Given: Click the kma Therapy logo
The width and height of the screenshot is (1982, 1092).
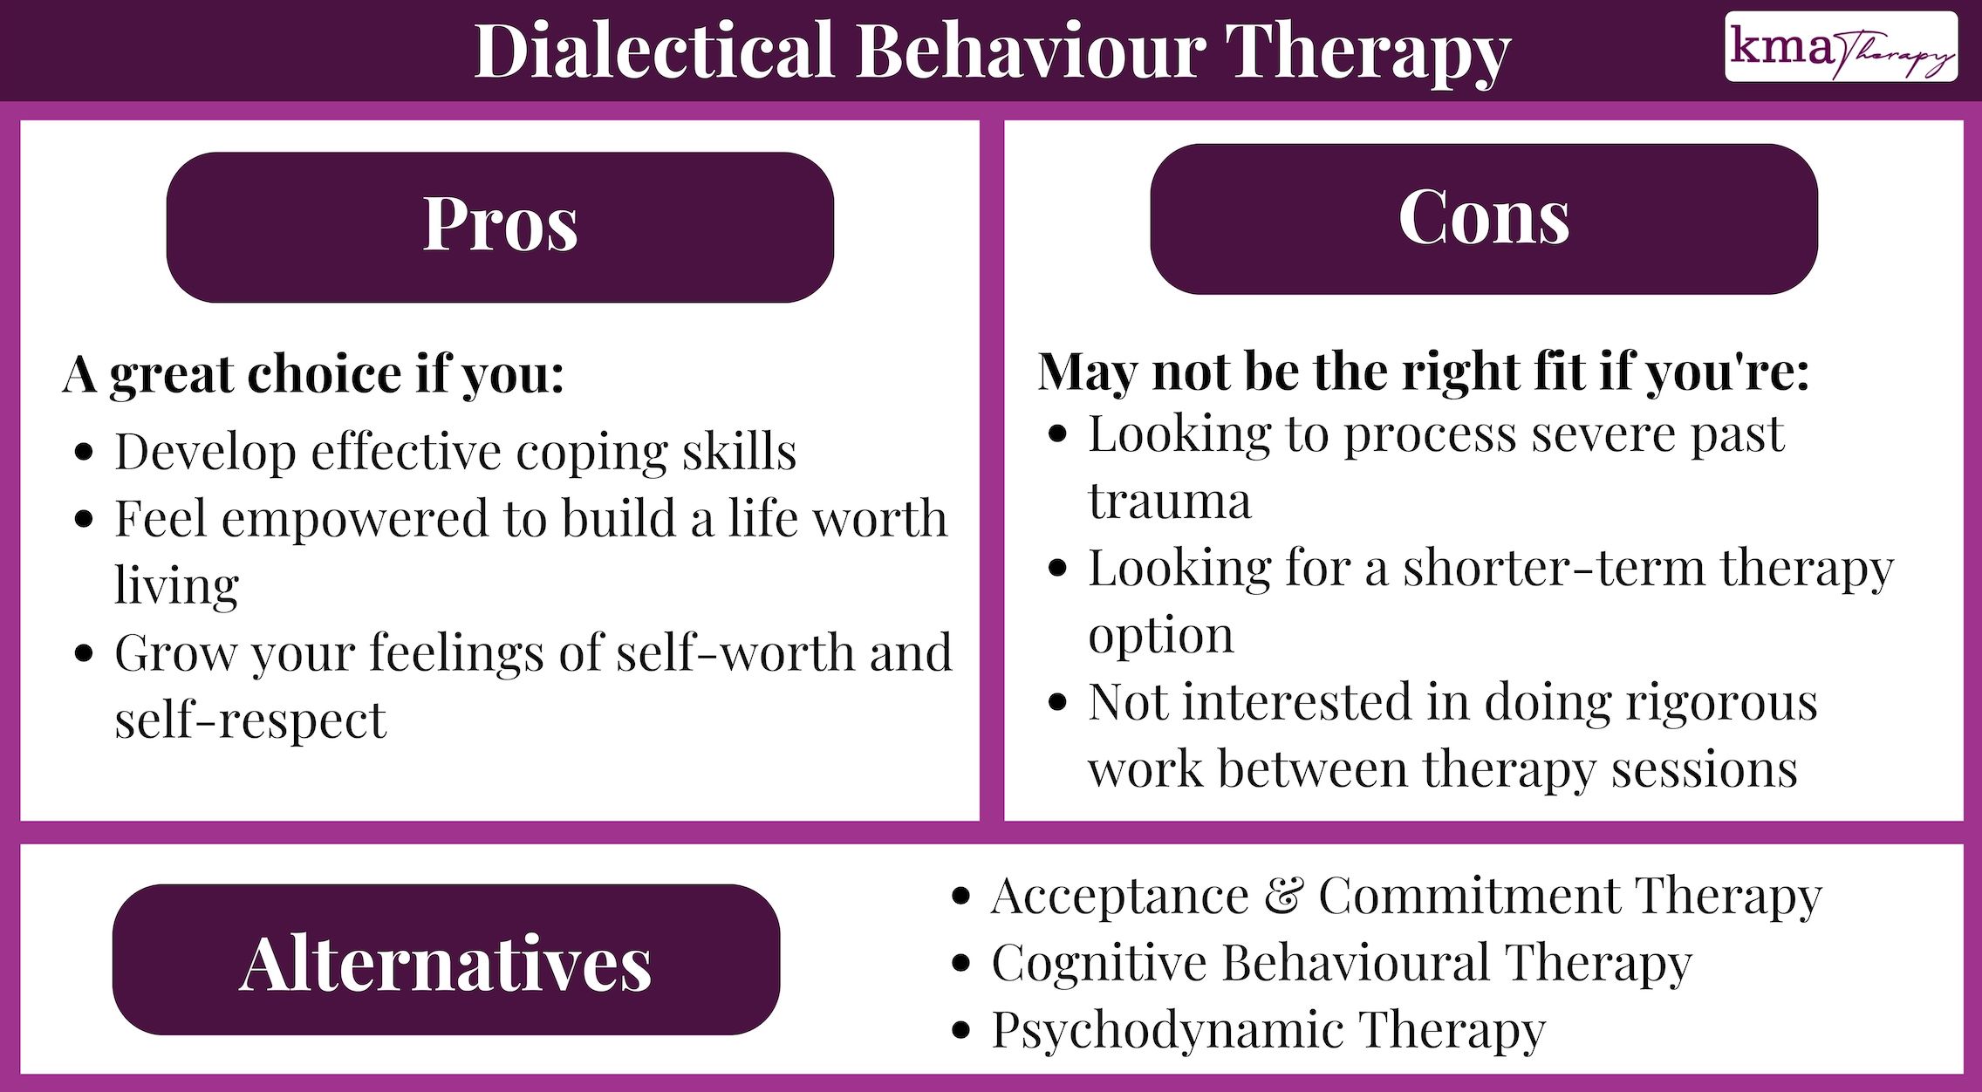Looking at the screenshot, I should pos(1841,47).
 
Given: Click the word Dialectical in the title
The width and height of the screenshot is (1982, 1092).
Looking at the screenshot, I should pos(654,51).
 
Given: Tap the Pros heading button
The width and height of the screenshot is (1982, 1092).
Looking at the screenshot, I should pos(500,227).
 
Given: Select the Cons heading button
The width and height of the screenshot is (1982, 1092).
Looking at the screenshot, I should pos(1483,218).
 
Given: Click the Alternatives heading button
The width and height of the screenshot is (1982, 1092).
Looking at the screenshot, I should pos(446,959).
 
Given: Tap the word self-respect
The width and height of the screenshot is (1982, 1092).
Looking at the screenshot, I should pos(250,720).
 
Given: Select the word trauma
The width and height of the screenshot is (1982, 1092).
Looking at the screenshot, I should pos(1169,502).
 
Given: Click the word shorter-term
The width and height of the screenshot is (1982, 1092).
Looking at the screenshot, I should pos(1553,569).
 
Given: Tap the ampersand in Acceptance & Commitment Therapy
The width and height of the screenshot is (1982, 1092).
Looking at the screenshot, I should pos(1283,896).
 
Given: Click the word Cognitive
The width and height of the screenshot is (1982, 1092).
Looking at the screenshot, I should pos(1099,963).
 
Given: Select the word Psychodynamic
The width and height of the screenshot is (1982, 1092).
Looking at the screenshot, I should pos(1166,1031).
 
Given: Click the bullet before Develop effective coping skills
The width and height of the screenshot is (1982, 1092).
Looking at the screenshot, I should pos(85,453).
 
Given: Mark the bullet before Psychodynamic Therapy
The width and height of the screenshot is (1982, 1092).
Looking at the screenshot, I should pos(961,1030).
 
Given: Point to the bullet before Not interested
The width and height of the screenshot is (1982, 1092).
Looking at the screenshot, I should pos(1057,703).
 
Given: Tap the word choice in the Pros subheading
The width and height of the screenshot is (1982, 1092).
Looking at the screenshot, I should pos(325,375).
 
